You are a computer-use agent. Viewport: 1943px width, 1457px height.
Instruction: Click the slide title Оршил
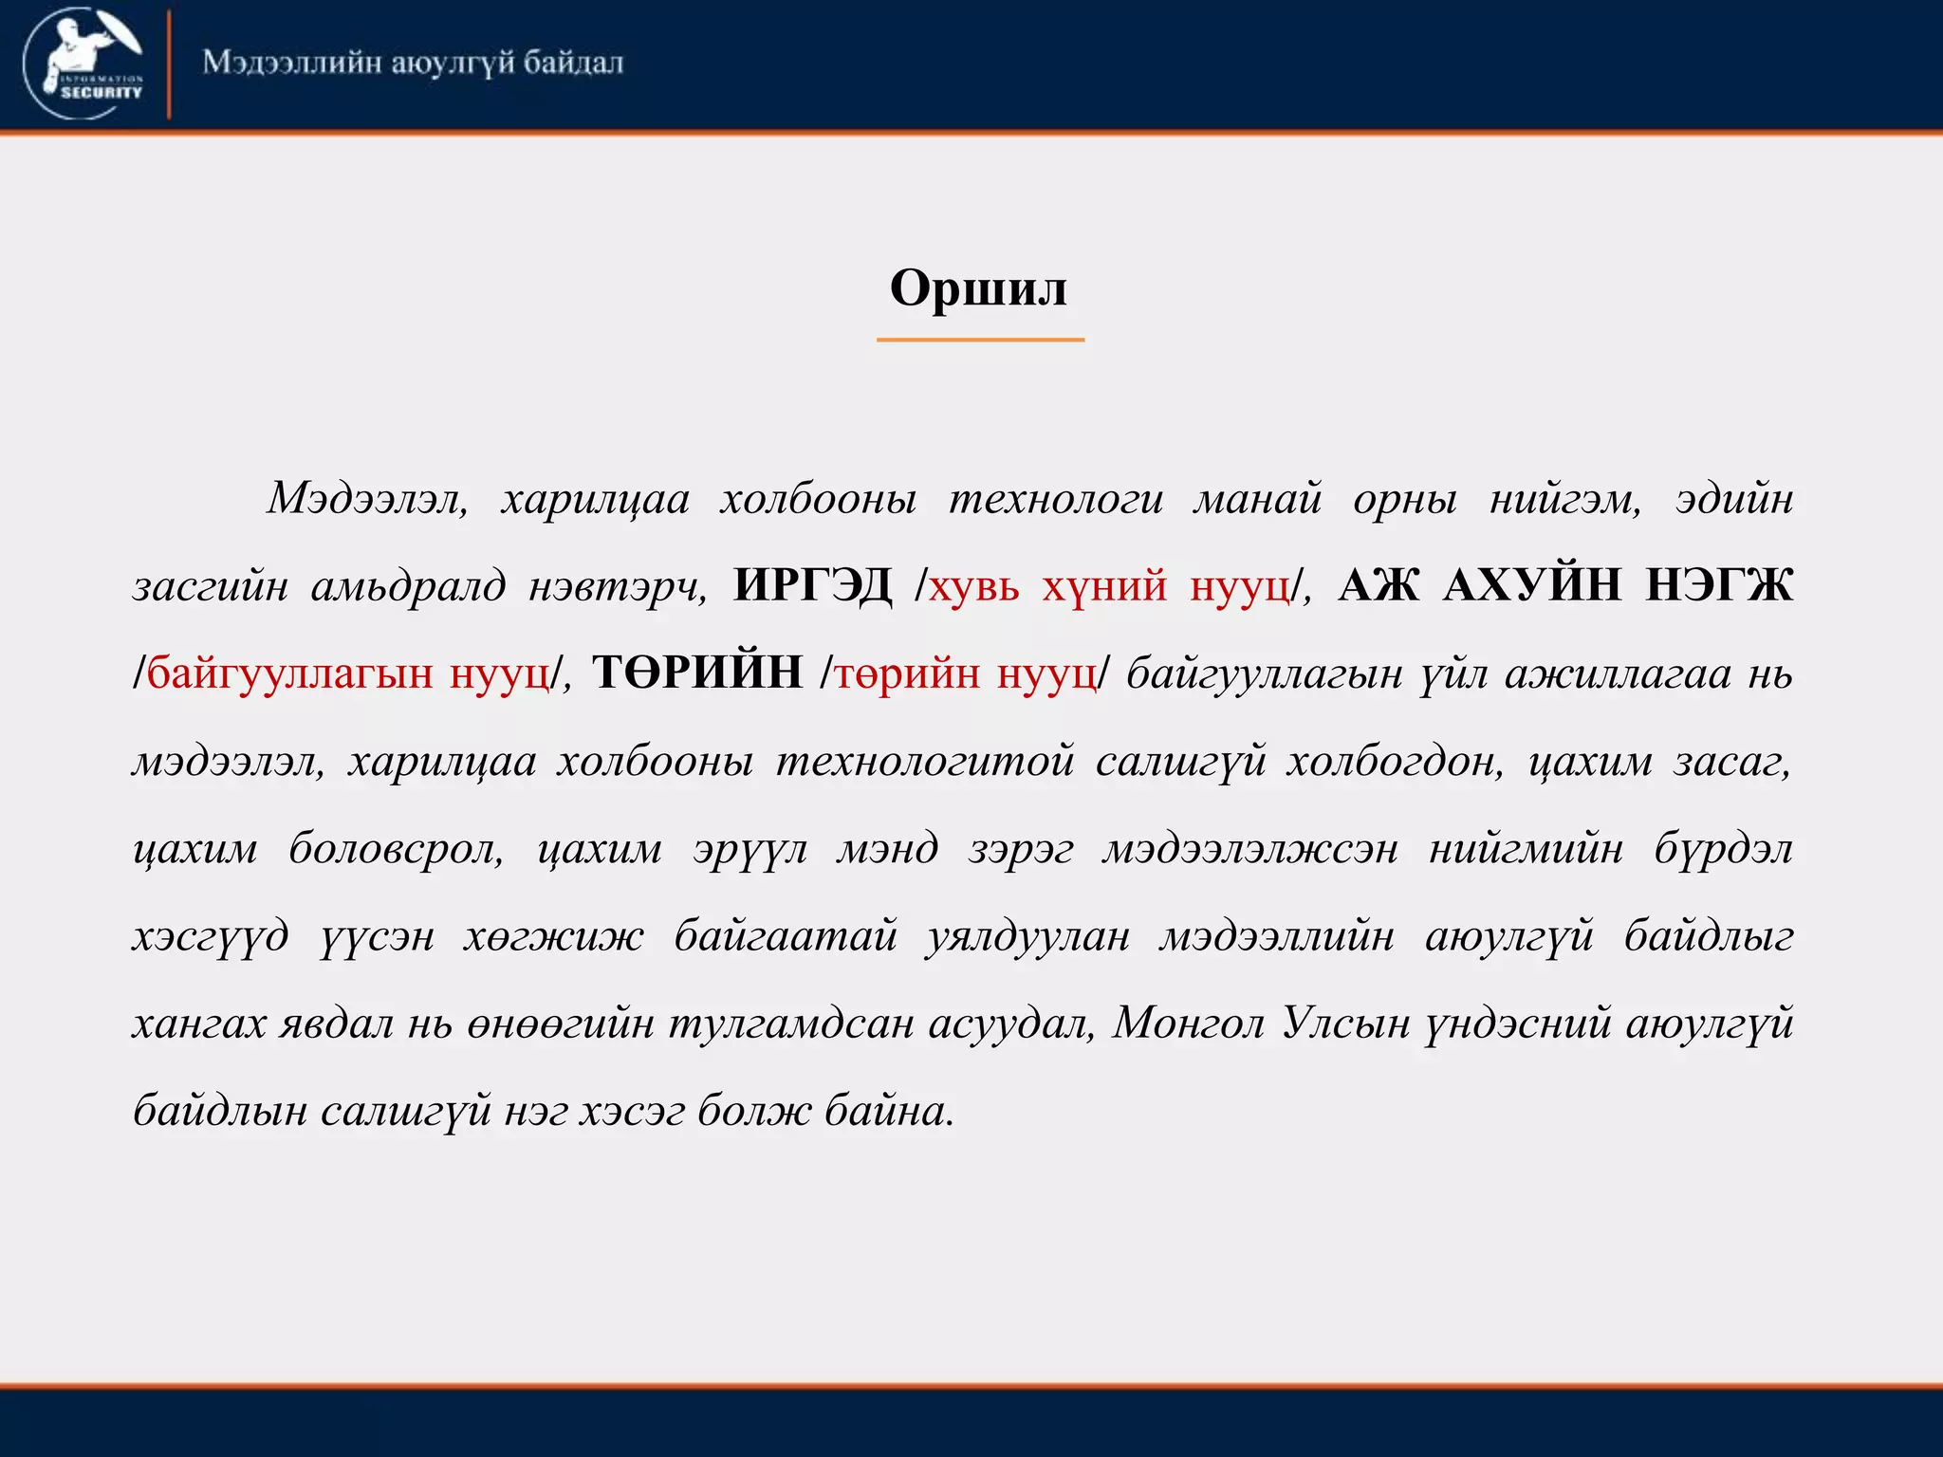pyautogui.click(x=978, y=287)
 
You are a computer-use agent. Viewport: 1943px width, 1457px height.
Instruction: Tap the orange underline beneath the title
pyautogui.click(x=979, y=339)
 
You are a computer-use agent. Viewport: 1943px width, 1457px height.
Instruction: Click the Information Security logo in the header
pyautogui.click(x=85, y=64)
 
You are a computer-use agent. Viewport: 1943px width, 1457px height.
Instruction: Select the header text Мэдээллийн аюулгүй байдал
pyautogui.click(x=413, y=63)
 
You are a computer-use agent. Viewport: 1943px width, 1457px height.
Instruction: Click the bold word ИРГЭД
pyautogui.click(x=812, y=584)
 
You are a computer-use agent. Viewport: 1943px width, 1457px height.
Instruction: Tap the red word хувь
pyautogui.click(x=973, y=585)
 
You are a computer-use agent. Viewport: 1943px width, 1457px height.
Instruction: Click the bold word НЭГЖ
pyautogui.click(x=1718, y=584)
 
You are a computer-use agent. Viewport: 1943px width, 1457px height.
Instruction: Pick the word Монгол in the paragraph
pyautogui.click(x=1187, y=1024)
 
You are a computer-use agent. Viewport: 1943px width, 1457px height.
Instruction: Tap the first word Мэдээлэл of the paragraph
pyautogui.click(x=366, y=498)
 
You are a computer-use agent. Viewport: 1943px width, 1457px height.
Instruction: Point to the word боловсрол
pyautogui.click(x=396, y=848)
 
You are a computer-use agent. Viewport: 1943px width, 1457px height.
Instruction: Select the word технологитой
pyautogui.click(x=925, y=761)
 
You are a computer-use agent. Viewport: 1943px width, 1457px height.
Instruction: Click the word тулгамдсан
pyautogui.click(x=793, y=1024)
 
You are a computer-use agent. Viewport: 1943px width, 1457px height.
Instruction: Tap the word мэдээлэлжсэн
pyautogui.click(x=1249, y=848)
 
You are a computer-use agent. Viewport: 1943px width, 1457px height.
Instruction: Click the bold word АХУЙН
pyautogui.click(x=1531, y=584)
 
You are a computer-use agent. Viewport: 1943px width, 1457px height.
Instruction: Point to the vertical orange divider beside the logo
pyautogui.click(x=169, y=65)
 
